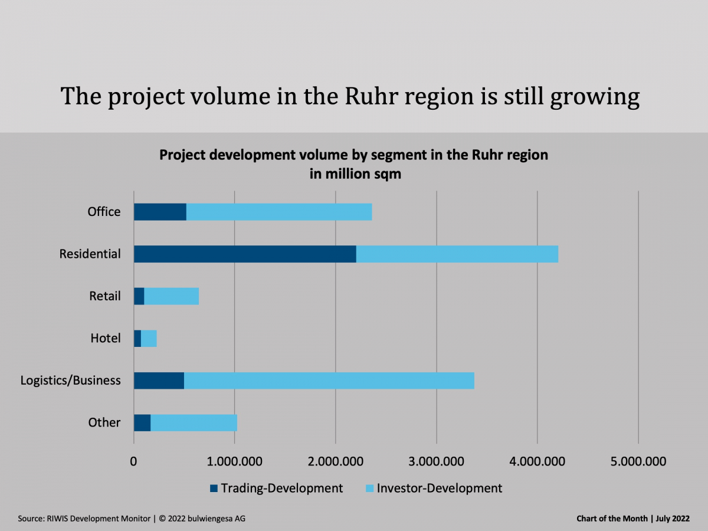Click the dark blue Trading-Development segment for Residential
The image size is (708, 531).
click(x=245, y=254)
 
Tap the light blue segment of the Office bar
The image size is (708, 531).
click(x=279, y=212)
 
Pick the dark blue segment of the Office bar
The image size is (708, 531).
click(x=160, y=212)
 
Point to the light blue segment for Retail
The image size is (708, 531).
click(x=171, y=296)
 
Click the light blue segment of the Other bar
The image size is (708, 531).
click(x=194, y=422)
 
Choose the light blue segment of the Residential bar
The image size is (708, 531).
click(x=457, y=254)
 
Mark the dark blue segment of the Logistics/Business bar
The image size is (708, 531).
click(x=159, y=381)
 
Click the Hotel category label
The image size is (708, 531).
click(x=106, y=338)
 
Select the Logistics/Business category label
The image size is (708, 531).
click(x=71, y=380)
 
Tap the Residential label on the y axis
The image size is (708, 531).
click(x=90, y=254)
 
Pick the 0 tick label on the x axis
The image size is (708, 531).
click(x=134, y=461)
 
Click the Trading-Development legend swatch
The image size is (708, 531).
click(x=214, y=489)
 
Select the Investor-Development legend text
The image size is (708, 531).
click(x=439, y=489)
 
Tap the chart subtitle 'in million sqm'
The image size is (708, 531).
click(x=353, y=174)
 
